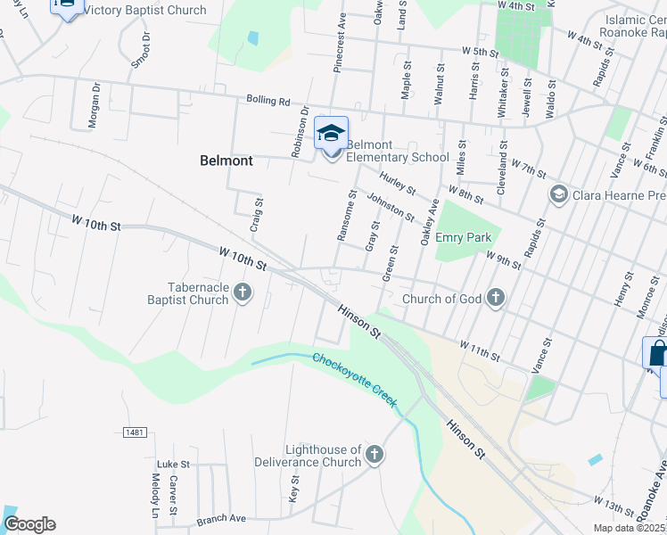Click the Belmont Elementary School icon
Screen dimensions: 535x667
coord(332,134)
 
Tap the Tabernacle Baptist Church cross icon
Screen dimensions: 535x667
coord(242,292)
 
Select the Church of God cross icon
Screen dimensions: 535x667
coord(496,298)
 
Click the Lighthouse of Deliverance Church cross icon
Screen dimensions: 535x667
coord(374,455)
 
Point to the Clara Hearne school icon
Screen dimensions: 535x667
coord(559,193)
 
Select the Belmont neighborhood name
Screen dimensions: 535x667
coord(226,161)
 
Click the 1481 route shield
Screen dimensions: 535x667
coord(135,432)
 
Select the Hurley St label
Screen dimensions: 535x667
coord(397,184)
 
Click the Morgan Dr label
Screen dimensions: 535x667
coord(94,106)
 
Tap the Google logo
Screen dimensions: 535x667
coord(29,524)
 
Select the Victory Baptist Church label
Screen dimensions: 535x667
coord(144,11)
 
